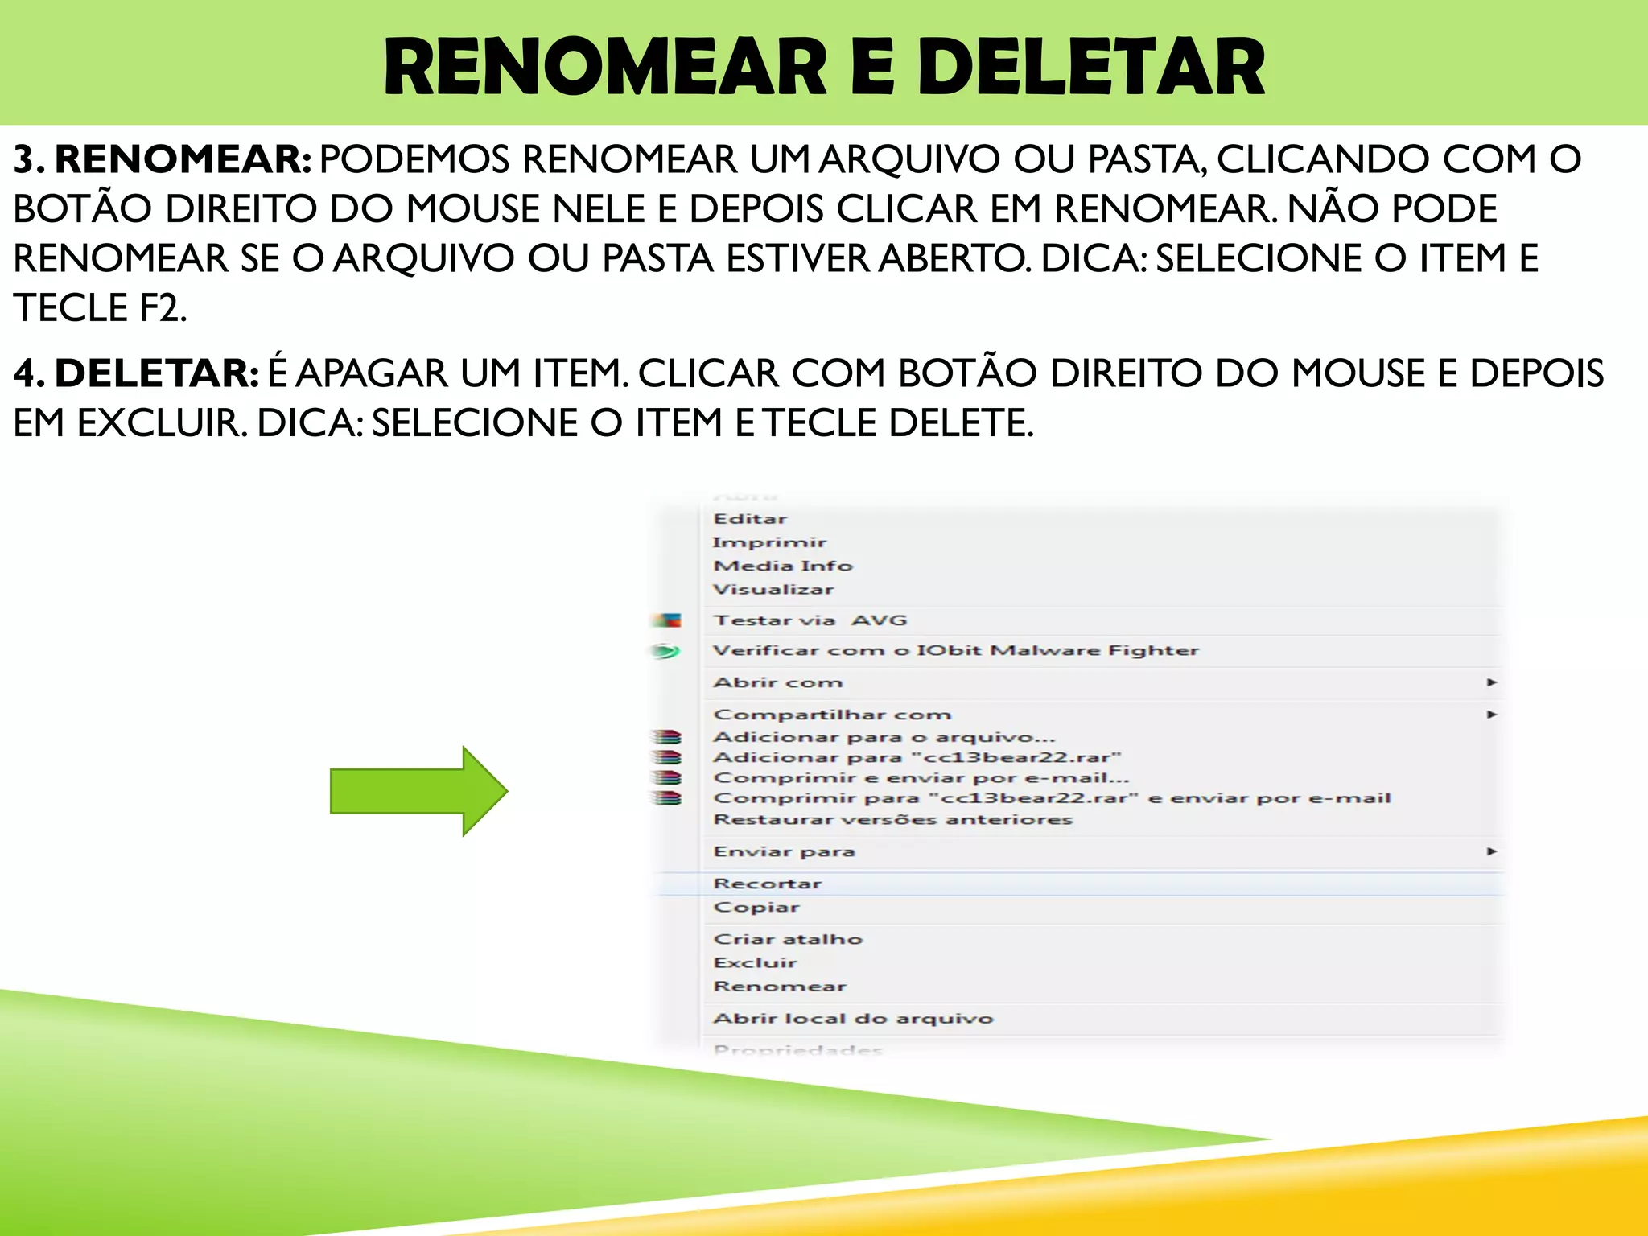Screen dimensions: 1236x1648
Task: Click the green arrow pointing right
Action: (x=418, y=791)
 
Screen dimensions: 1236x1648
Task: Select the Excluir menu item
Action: (x=755, y=962)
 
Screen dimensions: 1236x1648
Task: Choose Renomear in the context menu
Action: (x=780, y=986)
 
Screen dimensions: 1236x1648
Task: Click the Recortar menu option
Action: (x=767, y=884)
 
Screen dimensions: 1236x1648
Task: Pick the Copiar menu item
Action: (x=756, y=907)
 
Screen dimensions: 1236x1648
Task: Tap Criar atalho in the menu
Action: (x=788, y=939)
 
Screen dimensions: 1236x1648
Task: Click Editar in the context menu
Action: (x=750, y=519)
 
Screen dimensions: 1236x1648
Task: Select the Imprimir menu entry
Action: (x=769, y=542)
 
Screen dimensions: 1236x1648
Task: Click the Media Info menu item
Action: (x=783, y=566)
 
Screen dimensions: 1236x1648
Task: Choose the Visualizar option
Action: (x=773, y=589)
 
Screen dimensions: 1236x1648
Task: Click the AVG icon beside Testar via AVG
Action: (x=666, y=620)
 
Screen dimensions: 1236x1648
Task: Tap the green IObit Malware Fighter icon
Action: (x=665, y=651)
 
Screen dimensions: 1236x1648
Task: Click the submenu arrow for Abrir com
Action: (x=1492, y=682)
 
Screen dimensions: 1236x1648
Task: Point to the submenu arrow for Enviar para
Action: (x=1492, y=851)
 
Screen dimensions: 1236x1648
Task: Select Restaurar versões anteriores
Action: (x=893, y=819)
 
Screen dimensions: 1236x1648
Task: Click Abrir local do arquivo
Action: (x=853, y=1018)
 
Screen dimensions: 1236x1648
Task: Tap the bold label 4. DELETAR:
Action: (x=136, y=373)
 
